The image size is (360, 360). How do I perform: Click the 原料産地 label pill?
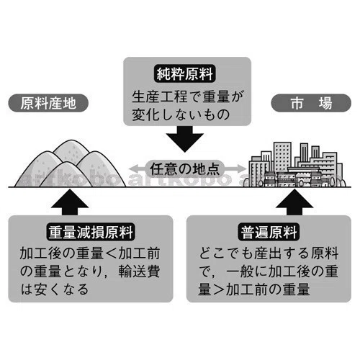click(x=48, y=103)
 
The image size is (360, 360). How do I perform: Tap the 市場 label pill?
click(x=311, y=103)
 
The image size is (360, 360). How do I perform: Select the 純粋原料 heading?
click(x=185, y=74)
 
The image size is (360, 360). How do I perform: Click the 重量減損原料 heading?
click(x=91, y=232)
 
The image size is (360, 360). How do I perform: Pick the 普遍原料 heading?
click(x=269, y=232)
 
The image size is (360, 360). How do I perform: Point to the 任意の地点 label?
click(x=185, y=168)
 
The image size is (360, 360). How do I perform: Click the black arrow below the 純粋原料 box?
click(x=185, y=139)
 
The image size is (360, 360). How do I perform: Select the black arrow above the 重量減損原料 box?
click(x=70, y=202)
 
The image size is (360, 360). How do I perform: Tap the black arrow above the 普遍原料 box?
click(x=294, y=202)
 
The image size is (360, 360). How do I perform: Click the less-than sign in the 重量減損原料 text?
click(x=111, y=253)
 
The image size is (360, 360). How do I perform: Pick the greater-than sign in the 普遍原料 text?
click(x=219, y=289)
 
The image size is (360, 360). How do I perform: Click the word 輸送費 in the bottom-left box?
click(x=139, y=271)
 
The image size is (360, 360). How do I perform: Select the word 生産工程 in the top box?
click(x=160, y=96)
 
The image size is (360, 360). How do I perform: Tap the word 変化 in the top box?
click(x=145, y=114)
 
